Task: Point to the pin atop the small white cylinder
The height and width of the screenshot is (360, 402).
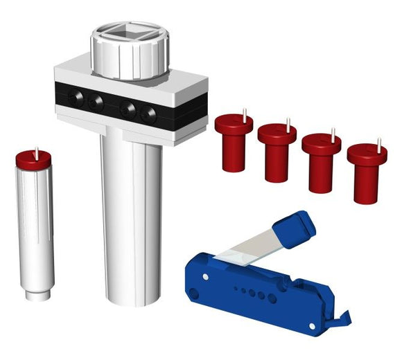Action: [x=36, y=150]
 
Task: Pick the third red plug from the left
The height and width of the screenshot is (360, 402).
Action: [x=321, y=161]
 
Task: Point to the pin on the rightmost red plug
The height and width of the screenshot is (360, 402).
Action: [x=378, y=143]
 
